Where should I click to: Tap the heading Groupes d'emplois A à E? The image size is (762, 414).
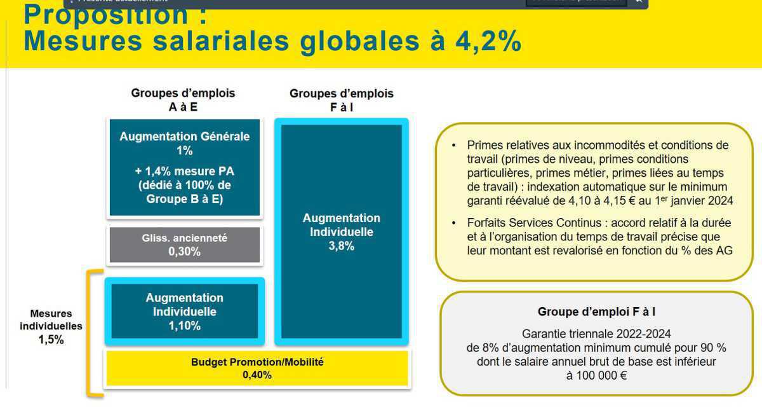[x=183, y=100]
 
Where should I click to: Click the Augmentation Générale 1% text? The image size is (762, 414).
[x=185, y=143]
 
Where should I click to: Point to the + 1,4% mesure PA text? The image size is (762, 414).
[x=185, y=171]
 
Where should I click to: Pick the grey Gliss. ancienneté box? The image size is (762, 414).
[x=185, y=245]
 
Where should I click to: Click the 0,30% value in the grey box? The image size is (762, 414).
[x=185, y=252]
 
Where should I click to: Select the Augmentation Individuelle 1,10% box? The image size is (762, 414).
[x=185, y=312]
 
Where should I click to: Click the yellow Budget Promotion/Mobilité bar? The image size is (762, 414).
[x=257, y=368]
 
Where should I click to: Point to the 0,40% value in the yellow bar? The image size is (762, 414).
[x=257, y=375]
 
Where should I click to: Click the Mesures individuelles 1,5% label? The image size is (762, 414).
[x=51, y=326]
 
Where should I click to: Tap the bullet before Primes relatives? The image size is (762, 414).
[x=453, y=145]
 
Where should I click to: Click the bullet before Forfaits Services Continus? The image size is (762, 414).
[x=453, y=223]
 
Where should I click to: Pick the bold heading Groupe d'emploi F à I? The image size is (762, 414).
[x=596, y=312]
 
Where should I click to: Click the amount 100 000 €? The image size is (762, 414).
[x=596, y=375]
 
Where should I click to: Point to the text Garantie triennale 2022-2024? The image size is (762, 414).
[x=596, y=334]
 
